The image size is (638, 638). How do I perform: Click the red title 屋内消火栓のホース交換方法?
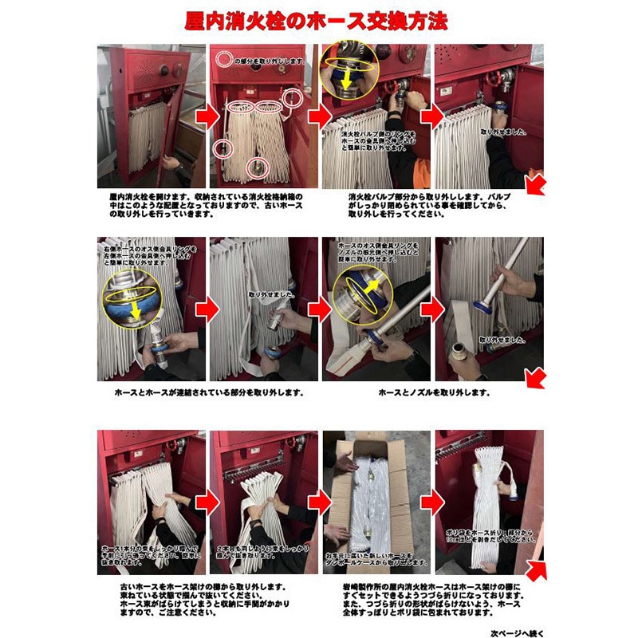319,20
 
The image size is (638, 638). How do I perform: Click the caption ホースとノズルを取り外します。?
434,392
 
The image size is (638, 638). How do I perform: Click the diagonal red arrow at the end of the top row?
536,184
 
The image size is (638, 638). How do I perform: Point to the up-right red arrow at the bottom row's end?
536,568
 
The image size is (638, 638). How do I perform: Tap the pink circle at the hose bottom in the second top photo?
256,167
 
